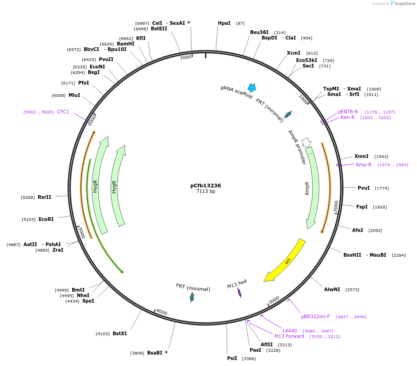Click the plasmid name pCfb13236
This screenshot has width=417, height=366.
[206, 186]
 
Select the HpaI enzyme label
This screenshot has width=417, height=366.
[224, 23]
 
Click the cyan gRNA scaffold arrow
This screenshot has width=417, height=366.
[251, 87]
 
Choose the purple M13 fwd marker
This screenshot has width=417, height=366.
[240, 293]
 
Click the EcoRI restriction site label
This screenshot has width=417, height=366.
[46, 219]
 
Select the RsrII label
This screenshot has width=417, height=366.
[45, 197]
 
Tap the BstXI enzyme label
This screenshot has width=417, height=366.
[120, 333]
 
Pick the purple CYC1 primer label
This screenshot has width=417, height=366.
[63, 112]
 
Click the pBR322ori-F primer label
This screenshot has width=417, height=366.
[315, 316]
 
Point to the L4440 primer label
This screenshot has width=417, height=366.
[290, 331]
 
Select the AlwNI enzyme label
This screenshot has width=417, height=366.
[332, 289]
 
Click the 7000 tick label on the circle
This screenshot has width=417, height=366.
[185, 57]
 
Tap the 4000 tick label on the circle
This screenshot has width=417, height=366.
[162, 312]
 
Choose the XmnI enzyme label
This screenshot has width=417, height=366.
[361, 156]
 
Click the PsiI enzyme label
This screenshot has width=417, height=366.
[232, 358]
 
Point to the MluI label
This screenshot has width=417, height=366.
[74, 95]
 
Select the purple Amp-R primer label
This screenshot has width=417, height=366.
[364, 164]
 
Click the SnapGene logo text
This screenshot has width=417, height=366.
[403, 3]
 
